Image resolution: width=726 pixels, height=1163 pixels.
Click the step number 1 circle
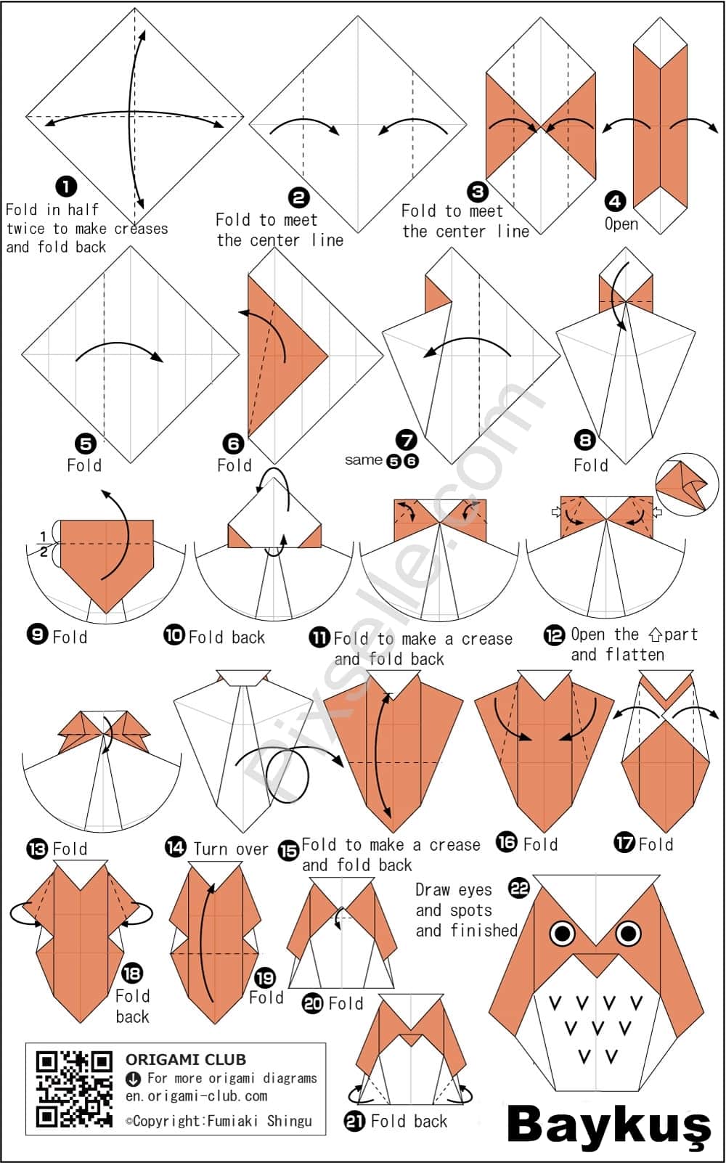66,187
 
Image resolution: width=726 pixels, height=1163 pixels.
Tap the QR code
74,1088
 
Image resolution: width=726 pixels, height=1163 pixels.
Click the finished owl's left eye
562,933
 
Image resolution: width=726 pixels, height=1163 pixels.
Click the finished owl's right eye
629,932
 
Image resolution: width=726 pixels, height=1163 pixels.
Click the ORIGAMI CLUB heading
185,1059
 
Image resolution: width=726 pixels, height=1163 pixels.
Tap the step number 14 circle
176,846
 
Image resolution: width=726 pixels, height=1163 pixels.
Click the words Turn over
231,848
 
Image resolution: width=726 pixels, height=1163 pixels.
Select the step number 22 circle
519,888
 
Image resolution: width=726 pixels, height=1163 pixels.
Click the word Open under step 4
621,224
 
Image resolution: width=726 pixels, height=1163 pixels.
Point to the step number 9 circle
37,635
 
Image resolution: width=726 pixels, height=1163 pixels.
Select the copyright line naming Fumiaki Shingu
218,1121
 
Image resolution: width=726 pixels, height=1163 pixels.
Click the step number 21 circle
355,1121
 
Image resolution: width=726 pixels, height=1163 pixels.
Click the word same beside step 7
363,460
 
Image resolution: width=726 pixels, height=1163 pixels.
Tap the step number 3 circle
478,192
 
